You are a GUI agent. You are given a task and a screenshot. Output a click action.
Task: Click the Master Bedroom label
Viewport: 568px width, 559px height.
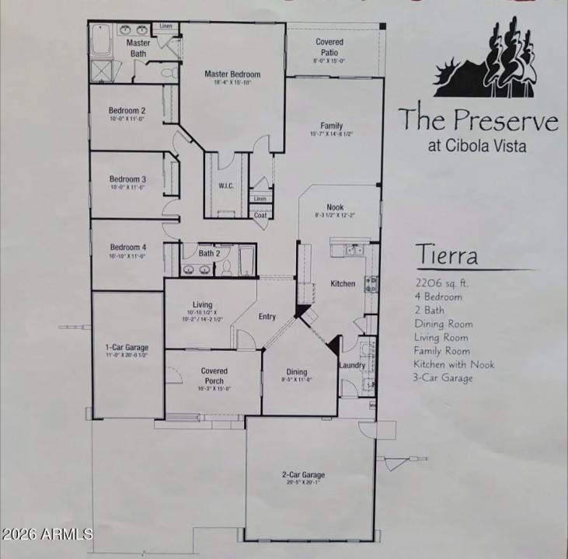232,75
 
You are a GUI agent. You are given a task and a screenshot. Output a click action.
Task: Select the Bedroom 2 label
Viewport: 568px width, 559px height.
127,110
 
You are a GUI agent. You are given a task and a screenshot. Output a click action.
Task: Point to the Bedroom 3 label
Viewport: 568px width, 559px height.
127,179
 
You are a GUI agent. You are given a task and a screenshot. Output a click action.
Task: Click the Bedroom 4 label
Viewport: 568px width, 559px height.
127,247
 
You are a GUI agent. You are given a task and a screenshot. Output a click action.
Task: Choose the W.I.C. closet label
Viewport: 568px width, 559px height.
226,186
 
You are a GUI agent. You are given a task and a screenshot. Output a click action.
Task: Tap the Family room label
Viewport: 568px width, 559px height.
332,126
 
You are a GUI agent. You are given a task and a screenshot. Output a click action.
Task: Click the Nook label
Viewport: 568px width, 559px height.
335,207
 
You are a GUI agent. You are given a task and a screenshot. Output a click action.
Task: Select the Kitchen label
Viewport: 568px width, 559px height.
343,284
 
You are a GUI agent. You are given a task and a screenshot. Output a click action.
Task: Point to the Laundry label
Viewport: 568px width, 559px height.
351,365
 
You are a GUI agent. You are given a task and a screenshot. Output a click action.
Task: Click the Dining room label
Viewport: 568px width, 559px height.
297,371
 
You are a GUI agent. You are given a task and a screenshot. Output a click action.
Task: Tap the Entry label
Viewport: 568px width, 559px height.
267,317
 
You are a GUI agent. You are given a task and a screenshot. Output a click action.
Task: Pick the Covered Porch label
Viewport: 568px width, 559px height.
214,376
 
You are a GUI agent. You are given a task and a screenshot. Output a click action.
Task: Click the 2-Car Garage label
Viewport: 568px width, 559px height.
303,474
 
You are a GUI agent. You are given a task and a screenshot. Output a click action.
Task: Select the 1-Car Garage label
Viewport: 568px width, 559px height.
127,347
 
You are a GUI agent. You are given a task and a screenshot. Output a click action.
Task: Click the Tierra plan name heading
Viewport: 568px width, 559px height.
445,255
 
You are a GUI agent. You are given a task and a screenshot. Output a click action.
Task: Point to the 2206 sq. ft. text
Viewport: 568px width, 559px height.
441,283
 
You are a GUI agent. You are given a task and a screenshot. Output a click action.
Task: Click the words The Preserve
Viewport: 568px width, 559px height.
478,120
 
